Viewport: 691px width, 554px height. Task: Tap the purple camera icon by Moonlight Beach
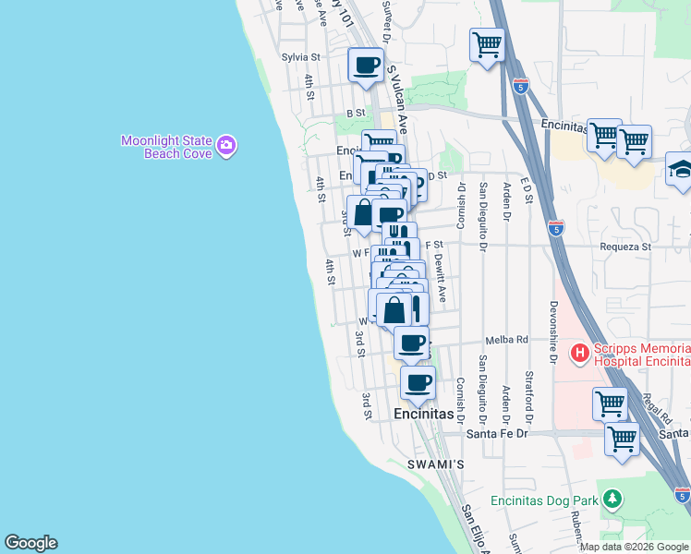[226, 145]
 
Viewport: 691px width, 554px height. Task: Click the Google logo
[30, 543]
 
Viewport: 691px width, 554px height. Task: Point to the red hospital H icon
[580, 352]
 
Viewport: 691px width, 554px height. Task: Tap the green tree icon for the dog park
[612, 499]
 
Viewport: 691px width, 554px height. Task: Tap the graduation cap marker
[680, 170]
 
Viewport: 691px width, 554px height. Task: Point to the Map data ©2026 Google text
[634, 547]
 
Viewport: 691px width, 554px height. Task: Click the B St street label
[356, 113]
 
